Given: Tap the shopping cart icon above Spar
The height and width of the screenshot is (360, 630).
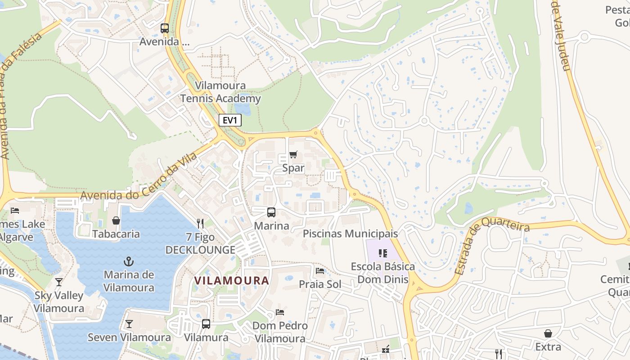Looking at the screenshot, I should [293, 154].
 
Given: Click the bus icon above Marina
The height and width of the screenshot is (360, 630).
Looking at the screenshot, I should [271, 212].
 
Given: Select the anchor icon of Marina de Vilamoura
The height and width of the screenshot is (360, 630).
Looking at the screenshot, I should [129, 261].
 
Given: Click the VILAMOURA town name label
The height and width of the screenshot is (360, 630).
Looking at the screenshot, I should [231, 280].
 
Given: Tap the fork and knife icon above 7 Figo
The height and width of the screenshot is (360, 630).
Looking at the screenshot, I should [200, 223].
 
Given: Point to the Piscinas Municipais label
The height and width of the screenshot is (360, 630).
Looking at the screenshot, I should [350, 234].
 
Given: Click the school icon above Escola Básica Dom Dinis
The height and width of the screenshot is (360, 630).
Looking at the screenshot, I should [383, 253].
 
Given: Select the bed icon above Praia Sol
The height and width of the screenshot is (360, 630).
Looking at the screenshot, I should [320, 270].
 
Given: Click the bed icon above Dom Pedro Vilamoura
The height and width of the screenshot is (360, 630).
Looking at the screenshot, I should [280, 312].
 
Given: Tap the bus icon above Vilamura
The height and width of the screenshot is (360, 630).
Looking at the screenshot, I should [206, 324].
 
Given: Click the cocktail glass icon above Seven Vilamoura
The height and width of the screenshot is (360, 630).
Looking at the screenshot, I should [129, 324].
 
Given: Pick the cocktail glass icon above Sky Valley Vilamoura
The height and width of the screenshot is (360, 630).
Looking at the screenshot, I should [58, 282].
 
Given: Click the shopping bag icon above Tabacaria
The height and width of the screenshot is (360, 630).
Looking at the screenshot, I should [116, 220].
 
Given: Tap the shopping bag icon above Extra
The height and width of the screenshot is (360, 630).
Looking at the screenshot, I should [548, 333].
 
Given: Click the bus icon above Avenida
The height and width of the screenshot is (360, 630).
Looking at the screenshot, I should [165, 28].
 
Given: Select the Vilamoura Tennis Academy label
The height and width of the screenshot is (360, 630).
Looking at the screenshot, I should [220, 92].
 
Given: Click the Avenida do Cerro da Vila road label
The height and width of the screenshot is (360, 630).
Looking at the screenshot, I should [139, 176].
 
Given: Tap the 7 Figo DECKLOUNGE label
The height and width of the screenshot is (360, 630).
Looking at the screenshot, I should [200, 243].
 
